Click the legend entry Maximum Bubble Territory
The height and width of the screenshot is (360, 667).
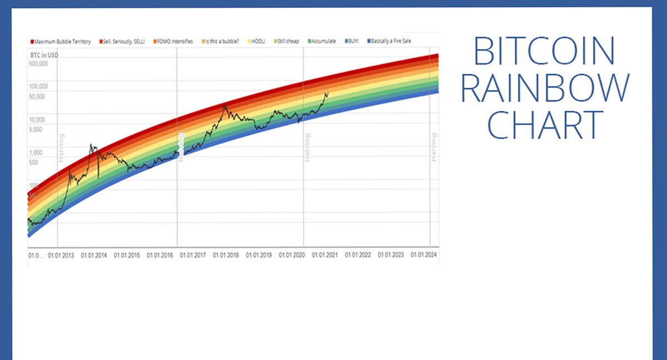[62, 42]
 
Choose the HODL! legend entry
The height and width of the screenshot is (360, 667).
[258, 42]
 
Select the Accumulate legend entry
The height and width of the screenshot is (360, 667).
[323, 42]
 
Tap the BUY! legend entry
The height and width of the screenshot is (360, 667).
[351, 42]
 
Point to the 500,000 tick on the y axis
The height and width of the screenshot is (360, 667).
[38, 63]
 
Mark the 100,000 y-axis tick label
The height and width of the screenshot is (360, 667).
[38, 87]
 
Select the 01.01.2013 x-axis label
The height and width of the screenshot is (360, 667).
[61, 256]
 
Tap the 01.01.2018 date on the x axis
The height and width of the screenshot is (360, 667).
[225, 256]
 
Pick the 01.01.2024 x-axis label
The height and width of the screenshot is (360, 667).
[424, 256]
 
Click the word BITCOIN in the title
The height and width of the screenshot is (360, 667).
[544, 51]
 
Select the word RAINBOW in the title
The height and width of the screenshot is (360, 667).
[545, 88]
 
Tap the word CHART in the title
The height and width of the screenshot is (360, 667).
[545, 124]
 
